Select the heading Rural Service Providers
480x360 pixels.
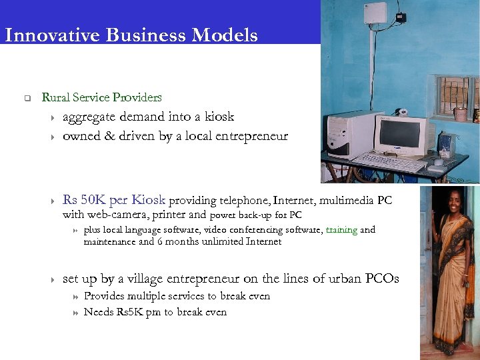[x=101, y=97]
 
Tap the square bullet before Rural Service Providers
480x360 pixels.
[x=27, y=99]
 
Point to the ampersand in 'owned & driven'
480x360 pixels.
[x=111, y=136]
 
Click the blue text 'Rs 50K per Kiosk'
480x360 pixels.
[x=114, y=200]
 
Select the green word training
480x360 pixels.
[x=342, y=230]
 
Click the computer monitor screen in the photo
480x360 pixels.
[x=399, y=135]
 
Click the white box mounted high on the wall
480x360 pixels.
[x=375, y=15]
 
